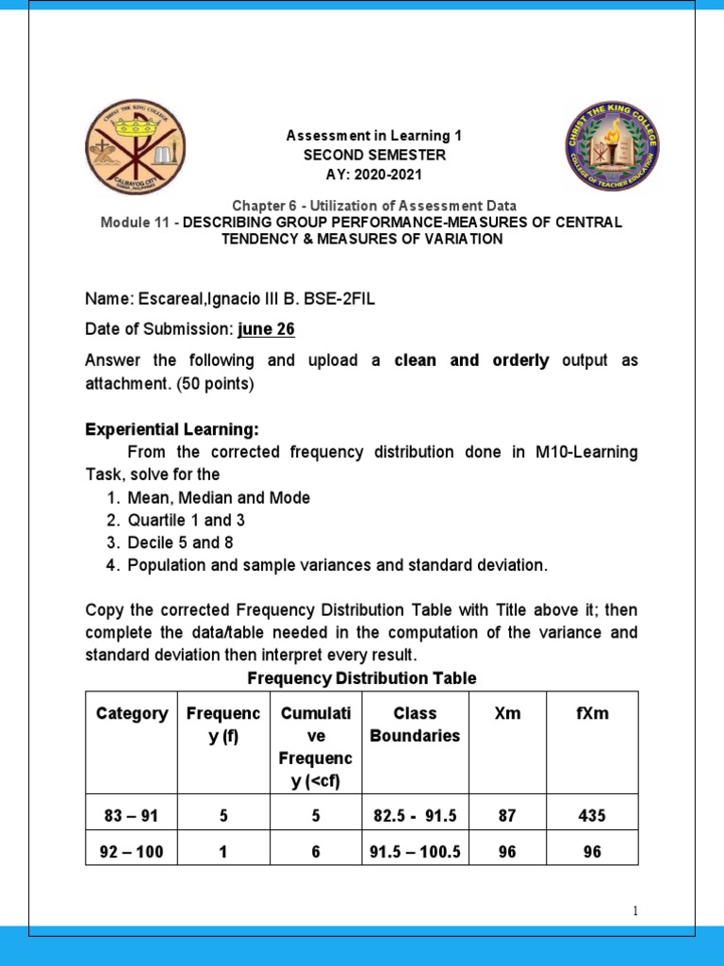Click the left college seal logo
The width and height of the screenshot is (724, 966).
point(136,148)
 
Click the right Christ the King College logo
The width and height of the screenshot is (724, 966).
point(611,148)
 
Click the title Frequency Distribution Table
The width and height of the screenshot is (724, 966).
point(361,678)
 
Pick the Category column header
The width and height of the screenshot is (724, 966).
point(132,714)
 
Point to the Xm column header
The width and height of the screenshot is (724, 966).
point(507,714)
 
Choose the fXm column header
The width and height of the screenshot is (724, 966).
point(592,714)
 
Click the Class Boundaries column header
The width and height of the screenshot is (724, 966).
point(415,724)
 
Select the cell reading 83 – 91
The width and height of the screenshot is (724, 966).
point(131,814)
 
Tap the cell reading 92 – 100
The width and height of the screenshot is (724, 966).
point(131,852)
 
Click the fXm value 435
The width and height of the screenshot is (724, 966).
point(592,814)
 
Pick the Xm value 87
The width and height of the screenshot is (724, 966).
point(507,814)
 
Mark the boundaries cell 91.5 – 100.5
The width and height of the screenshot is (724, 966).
point(415,852)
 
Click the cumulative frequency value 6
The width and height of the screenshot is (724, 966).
point(316,852)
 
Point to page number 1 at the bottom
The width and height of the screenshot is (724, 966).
point(636,911)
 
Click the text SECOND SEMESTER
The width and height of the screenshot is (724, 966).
point(374,155)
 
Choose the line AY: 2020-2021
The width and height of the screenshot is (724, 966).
point(374,175)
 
